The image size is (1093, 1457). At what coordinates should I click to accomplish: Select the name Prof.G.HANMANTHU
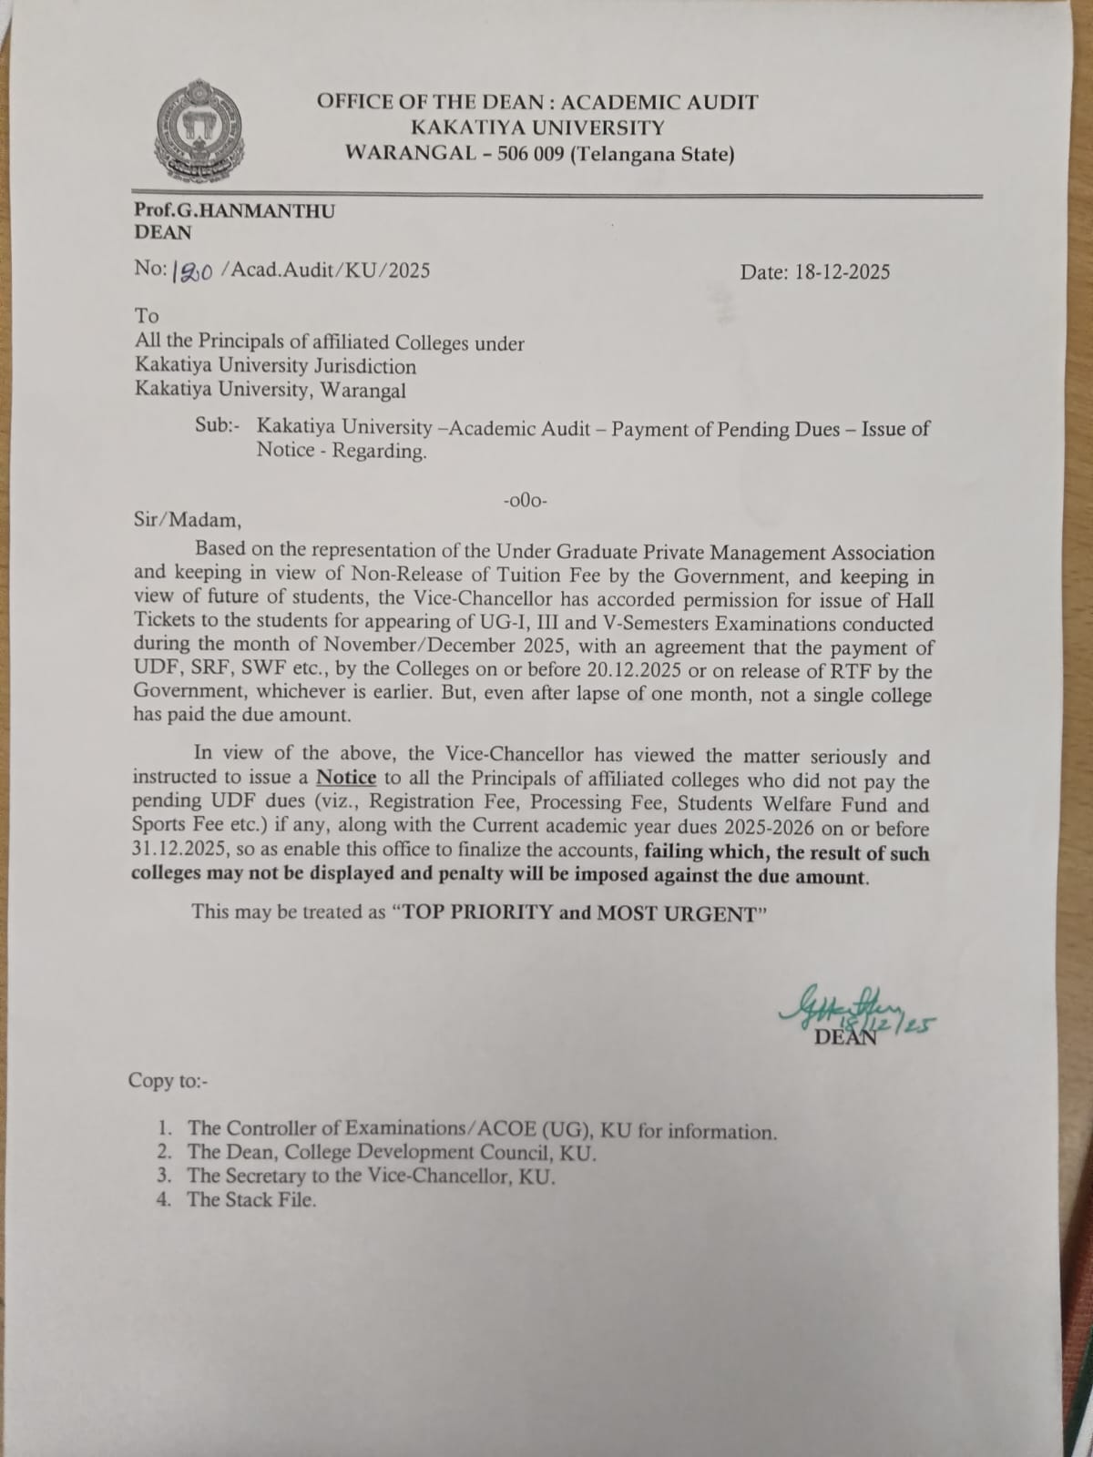point(234,210)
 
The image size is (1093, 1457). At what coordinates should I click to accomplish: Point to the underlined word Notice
point(345,778)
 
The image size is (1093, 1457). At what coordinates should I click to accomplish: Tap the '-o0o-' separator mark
point(524,500)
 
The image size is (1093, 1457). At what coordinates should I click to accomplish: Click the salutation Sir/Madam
point(188,522)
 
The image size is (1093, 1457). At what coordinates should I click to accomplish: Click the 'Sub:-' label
point(217,426)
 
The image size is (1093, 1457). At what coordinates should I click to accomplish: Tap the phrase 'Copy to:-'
point(169,1081)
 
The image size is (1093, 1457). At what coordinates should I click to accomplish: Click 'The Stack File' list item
point(251,1199)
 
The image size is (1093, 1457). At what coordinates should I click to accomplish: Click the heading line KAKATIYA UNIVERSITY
point(537,128)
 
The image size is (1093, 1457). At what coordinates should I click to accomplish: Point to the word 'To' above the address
point(147,316)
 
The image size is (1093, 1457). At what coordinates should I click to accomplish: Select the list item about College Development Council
point(392,1153)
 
